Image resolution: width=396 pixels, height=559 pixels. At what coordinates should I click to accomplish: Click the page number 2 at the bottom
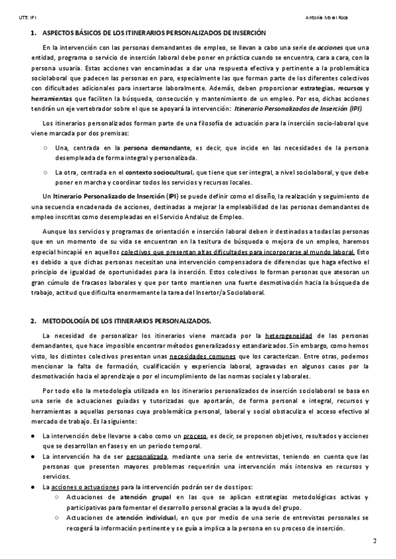(374, 542)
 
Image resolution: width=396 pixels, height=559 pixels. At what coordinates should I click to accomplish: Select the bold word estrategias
(316, 88)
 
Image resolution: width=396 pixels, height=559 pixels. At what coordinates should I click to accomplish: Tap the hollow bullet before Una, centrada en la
(44, 147)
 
